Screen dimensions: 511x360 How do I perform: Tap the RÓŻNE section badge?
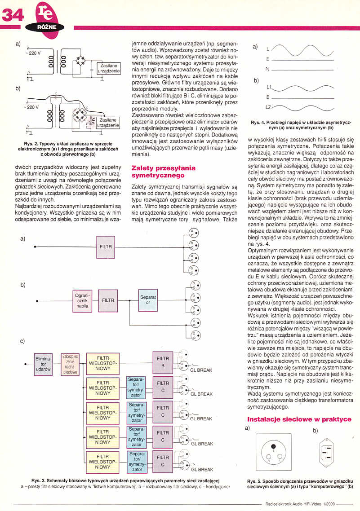click(47, 27)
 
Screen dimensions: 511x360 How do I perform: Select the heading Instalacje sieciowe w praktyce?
click(299, 419)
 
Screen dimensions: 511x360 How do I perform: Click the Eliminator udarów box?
click(43, 364)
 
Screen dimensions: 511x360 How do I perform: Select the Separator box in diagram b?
click(148, 300)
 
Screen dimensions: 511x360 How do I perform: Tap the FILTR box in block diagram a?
click(106, 247)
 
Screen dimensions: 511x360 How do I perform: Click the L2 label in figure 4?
click(268, 107)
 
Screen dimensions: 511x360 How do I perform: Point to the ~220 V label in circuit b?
click(32, 107)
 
